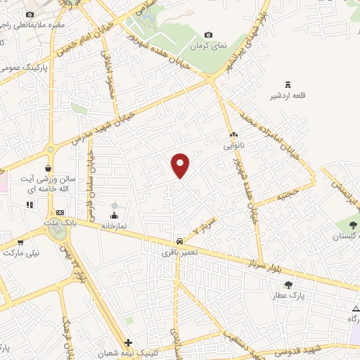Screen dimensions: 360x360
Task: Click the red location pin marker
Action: pyautogui.click(x=181, y=165)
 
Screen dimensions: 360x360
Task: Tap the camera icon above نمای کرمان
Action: pyautogui.click(x=208, y=35)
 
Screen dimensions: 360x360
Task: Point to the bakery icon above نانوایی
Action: pyautogui.click(x=233, y=133)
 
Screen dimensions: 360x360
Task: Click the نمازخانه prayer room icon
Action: pyautogui.click(x=115, y=214)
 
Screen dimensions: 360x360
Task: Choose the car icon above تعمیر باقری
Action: pyautogui.click(x=180, y=240)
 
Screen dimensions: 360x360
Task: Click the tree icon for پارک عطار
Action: pyautogui.click(x=289, y=285)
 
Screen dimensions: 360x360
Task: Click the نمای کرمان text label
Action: pyautogui.click(x=209, y=46)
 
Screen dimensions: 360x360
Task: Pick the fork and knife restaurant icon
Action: pyautogui.click(x=30, y=205)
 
